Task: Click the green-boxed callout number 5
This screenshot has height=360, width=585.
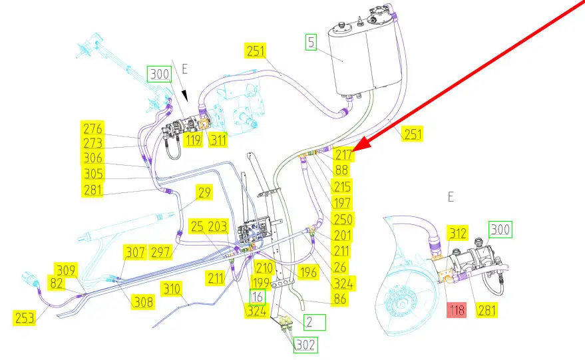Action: pos(311,43)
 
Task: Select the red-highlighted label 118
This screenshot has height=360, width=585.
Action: pos(457,309)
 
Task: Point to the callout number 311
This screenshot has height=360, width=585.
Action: pos(217,140)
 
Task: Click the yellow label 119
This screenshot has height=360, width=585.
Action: pos(193,140)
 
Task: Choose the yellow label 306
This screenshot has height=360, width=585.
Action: pos(93,158)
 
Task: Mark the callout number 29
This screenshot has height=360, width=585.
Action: pos(204,193)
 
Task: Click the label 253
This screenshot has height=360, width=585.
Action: pos(24,317)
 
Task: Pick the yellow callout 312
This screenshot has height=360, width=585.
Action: pos(457,232)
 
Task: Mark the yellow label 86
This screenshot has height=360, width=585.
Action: pos(340,300)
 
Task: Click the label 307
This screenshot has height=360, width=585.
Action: pos(135,253)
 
